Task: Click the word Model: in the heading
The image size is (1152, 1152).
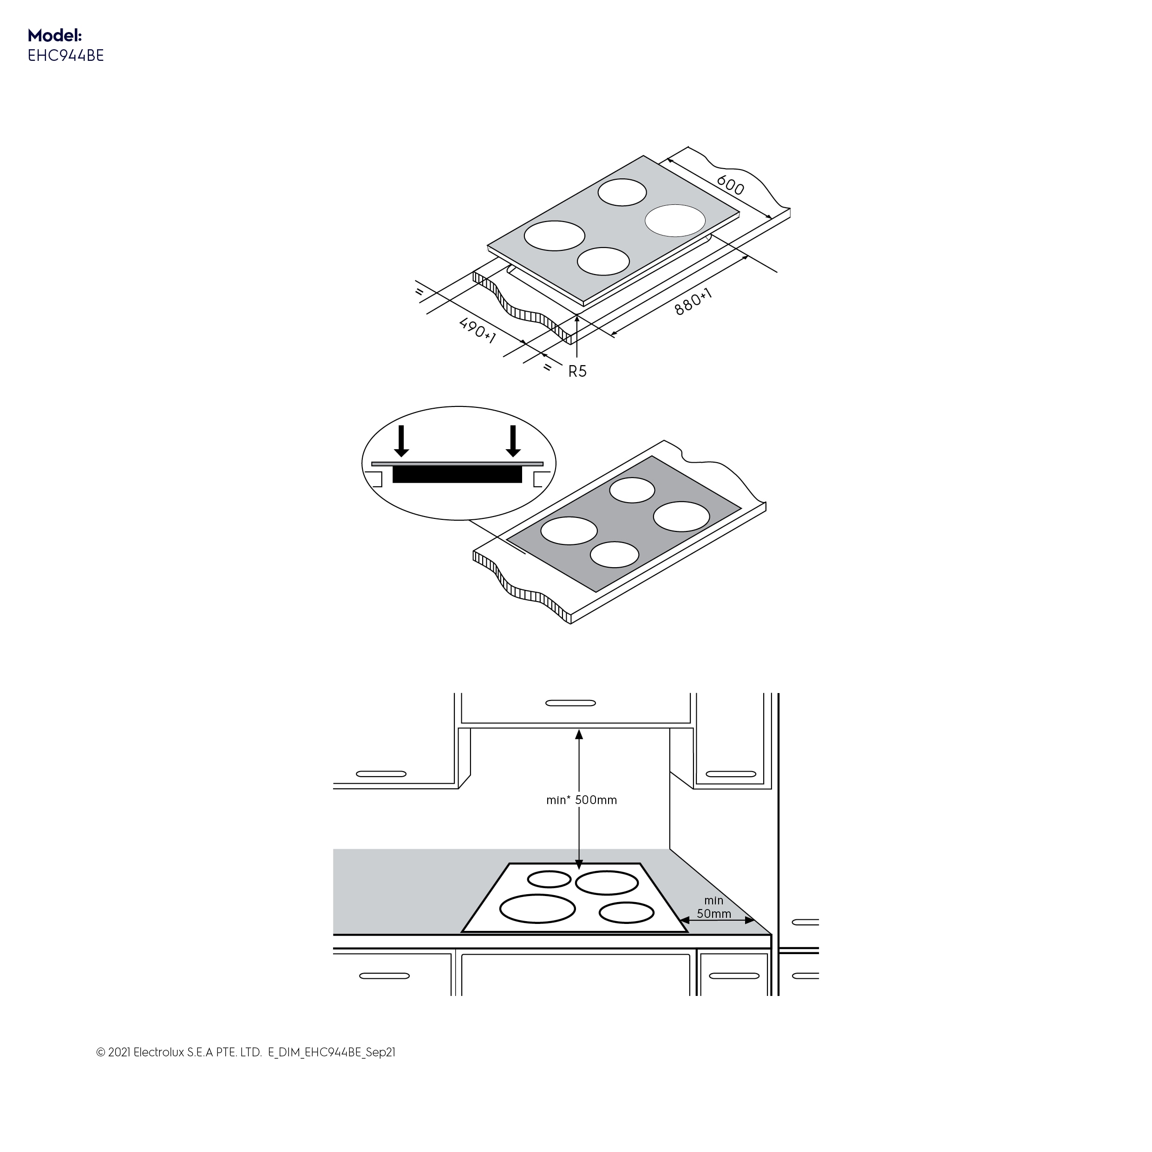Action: pyautogui.click(x=54, y=35)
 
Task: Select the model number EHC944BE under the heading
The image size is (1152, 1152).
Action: pyautogui.click(x=65, y=55)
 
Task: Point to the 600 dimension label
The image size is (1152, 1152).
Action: pyautogui.click(x=730, y=185)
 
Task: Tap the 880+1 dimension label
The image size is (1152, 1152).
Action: pyautogui.click(x=694, y=302)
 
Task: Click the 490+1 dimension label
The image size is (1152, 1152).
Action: pyautogui.click(x=477, y=330)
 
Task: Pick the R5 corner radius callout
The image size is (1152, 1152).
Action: pyautogui.click(x=577, y=372)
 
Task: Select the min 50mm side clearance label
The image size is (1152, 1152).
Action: pyautogui.click(x=714, y=907)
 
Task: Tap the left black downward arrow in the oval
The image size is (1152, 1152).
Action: pyautogui.click(x=401, y=441)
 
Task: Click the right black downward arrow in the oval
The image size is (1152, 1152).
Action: pyautogui.click(x=513, y=441)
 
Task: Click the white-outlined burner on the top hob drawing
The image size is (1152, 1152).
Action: pyautogui.click(x=675, y=221)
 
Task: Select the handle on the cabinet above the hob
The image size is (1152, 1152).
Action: pyautogui.click(x=570, y=703)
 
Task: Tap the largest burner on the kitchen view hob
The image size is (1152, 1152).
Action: pyautogui.click(x=537, y=909)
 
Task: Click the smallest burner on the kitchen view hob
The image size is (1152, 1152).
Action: pyautogui.click(x=549, y=879)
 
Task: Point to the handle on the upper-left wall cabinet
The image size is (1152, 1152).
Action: pyautogui.click(x=381, y=774)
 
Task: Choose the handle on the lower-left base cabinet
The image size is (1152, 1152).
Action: pyautogui.click(x=385, y=976)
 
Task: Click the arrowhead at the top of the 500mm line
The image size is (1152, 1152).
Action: pyautogui.click(x=578, y=734)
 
